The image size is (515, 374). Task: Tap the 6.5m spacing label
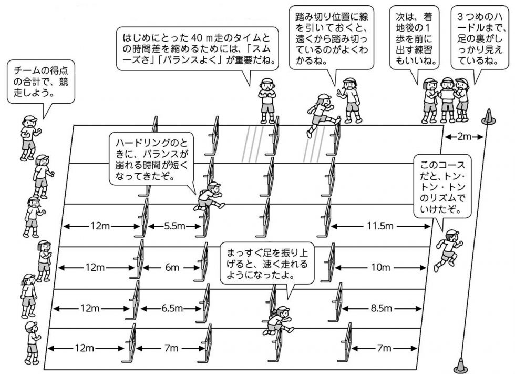point(171,308)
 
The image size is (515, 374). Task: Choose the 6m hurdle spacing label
point(172,267)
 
